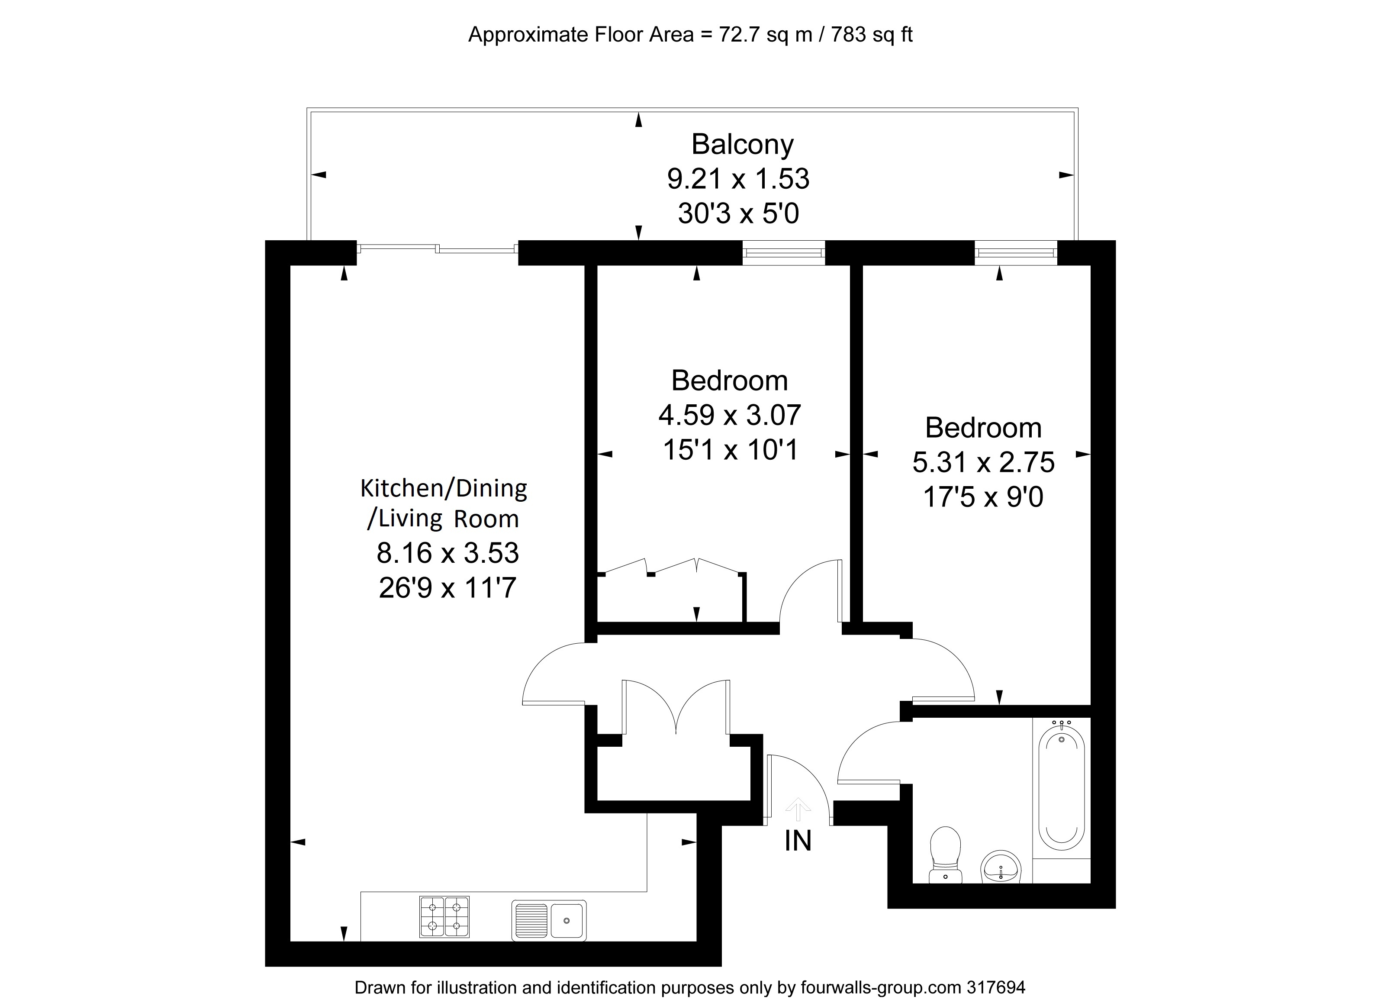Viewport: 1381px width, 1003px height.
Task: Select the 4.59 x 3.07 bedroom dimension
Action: [730, 415]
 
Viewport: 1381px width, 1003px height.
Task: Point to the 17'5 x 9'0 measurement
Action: [983, 497]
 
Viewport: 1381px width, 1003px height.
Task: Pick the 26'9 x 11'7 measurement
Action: [447, 588]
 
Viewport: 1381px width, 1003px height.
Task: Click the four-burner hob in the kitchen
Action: [444, 916]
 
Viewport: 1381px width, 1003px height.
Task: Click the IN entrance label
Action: [798, 842]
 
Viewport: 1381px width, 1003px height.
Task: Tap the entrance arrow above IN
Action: [798, 810]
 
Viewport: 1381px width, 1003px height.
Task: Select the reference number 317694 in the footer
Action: [996, 987]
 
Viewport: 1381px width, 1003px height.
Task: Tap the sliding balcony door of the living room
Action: [437, 248]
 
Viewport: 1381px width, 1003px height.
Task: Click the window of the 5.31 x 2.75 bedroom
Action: [1016, 253]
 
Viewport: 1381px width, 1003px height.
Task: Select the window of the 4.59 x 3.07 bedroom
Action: [783, 253]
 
